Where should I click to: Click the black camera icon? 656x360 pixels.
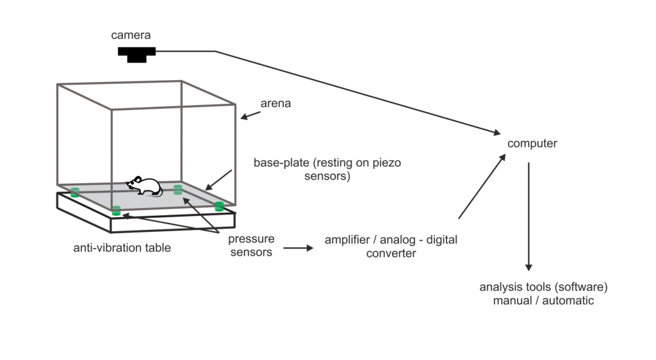(x=136, y=54)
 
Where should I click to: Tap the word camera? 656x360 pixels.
(x=131, y=35)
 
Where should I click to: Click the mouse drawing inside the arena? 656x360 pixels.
(x=144, y=186)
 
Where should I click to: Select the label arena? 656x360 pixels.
(x=275, y=103)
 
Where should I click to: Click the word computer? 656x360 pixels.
(x=532, y=143)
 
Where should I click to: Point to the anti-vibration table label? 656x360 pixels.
(x=122, y=247)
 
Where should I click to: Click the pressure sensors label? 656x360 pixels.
(x=251, y=245)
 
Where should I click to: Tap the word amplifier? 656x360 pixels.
(x=349, y=240)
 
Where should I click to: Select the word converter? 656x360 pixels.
(x=391, y=253)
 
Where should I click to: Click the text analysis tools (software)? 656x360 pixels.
(x=543, y=286)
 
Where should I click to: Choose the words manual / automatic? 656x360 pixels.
(x=543, y=300)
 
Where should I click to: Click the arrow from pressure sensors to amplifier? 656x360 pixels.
(x=299, y=247)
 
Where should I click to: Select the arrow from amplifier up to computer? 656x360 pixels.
(x=482, y=186)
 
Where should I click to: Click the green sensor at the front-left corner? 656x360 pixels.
(x=117, y=210)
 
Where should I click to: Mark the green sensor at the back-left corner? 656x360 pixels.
(x=75, y=192)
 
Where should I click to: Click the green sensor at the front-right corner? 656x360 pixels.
(x=219, y=206)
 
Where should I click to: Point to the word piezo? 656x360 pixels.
(x=386, y=163)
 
